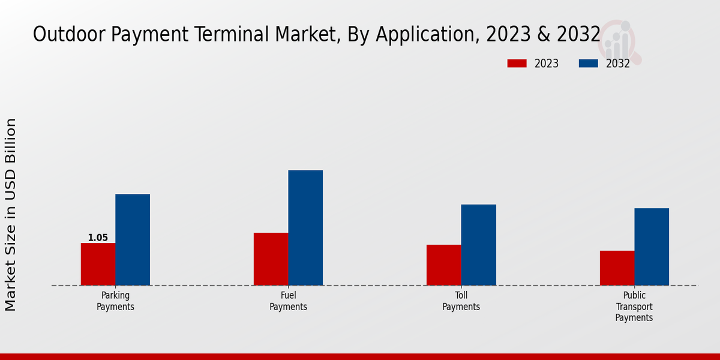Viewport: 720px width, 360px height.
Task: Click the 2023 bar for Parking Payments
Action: pos(98,264)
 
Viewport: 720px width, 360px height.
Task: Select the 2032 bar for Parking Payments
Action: pos(133,239)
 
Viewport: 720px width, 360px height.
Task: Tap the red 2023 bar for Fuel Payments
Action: pos(271,259)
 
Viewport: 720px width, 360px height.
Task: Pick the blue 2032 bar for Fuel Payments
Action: pos(305,227)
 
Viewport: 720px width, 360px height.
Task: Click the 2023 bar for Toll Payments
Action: pos(444,265)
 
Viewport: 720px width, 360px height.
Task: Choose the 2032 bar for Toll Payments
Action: pos(478,245)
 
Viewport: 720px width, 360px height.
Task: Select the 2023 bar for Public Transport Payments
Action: pos(617,268)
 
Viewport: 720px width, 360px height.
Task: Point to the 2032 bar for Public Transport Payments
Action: pos(652,247)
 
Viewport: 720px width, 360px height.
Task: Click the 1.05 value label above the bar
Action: pos(98,238)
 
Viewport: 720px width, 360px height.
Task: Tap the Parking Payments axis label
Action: pos(115,301)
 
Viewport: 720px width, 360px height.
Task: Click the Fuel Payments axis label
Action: pos(288,301)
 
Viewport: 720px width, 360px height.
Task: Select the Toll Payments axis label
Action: pos(461,301)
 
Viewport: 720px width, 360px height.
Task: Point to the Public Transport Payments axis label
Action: pos(634,307)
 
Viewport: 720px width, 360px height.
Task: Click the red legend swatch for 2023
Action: pos(517,64)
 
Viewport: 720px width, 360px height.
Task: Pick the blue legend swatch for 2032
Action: pos(588,64)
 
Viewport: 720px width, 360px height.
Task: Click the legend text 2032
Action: pos(618,64)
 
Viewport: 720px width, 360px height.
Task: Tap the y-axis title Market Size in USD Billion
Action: pos(11,215)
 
